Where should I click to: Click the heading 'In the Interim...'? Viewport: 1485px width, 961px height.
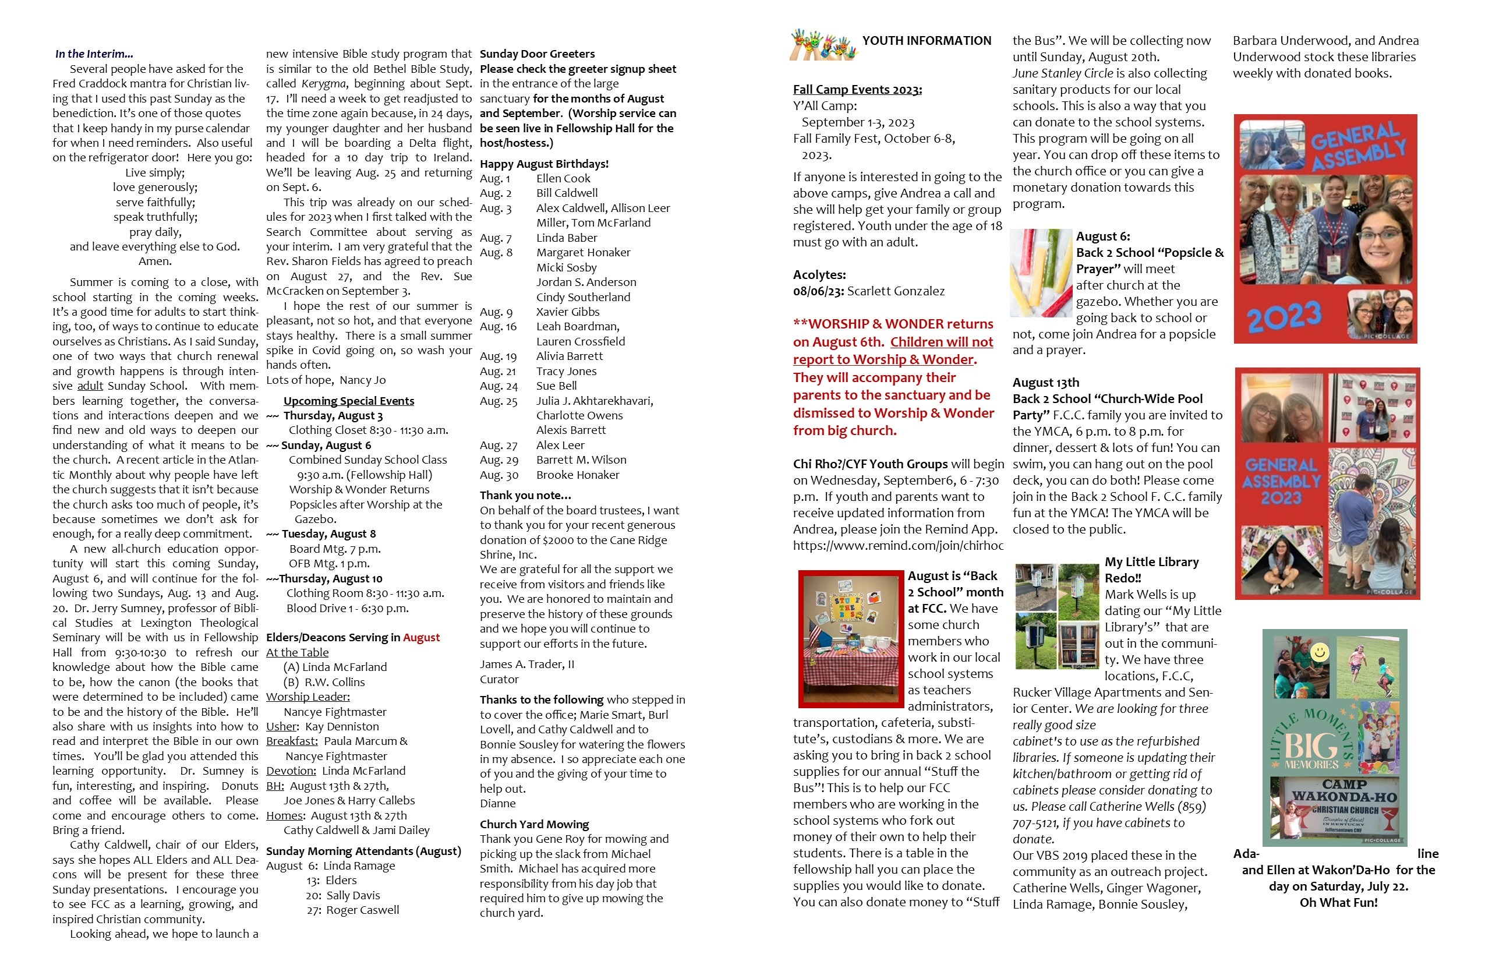pos(94,54)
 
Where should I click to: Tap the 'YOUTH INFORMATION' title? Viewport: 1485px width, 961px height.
pos(926,41)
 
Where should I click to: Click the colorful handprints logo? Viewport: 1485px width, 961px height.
pos(823,45)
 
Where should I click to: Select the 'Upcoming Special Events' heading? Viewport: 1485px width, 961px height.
pos(348,401)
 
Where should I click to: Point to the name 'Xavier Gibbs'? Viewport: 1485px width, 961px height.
pos(567,312)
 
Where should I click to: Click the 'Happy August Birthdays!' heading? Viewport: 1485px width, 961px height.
pos(543,164)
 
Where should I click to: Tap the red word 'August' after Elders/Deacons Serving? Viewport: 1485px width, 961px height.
pos(421,637)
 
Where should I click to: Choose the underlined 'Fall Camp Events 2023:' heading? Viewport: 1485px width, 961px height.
pos(857,89)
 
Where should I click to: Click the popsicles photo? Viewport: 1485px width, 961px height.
pos(1041,273)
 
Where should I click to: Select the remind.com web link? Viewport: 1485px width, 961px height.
pos(897,545)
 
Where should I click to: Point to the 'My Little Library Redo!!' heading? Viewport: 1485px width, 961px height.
pos(1151,570)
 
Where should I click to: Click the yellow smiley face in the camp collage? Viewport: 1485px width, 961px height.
pos(1319,653)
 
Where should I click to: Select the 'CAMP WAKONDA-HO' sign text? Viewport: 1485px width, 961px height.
pos(1344,790)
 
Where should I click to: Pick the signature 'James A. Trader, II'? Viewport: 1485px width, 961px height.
pos(526,664)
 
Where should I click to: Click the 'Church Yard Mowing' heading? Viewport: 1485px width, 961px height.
pos(533,824)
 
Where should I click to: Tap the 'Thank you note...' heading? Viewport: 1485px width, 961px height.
pos(525,495)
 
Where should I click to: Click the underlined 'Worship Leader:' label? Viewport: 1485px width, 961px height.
pos(307,697)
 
